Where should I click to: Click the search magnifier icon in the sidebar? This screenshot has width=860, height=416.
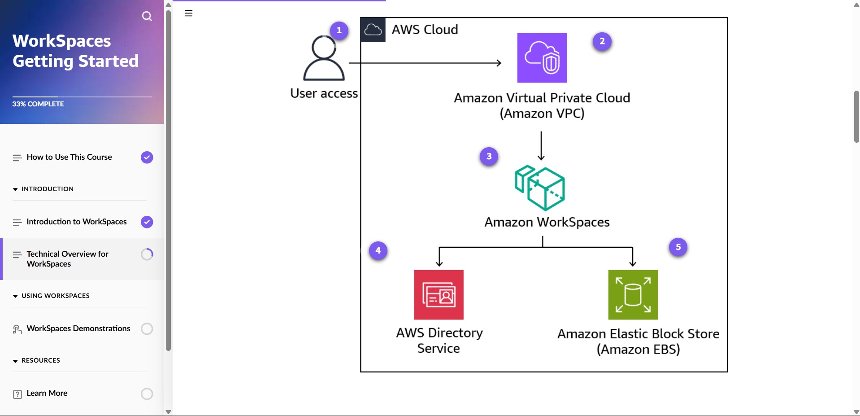click(147, 17)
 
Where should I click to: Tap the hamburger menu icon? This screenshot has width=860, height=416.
click(189, 13)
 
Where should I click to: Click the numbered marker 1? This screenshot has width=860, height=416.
click(339, 31)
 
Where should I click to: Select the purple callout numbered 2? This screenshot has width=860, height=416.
click(602, 41)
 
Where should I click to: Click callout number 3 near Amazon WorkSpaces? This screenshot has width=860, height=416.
click(489, 157)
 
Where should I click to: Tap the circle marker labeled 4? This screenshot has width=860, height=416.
click(378, 251)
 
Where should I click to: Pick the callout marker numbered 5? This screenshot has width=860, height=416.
click(678, 247)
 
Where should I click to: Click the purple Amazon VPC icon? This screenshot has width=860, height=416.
click(542, 58)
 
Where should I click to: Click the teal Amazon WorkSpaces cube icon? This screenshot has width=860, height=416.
click(540, 188)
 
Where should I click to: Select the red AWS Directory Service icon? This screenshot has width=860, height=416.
click(439, 295)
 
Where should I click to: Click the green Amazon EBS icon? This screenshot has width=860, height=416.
click(633, 295)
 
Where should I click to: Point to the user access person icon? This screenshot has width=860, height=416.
click(324, 59)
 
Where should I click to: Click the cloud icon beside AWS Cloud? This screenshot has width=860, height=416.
click(373, 30)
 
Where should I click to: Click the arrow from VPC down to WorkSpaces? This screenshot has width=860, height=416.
click(541, 146)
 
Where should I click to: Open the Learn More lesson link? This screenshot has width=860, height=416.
click(47, 393)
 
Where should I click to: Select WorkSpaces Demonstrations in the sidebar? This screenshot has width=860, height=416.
click(78, 328)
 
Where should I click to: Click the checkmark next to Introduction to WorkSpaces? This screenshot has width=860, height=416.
click(147, 222)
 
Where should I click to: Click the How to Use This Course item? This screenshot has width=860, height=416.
click(69, 157)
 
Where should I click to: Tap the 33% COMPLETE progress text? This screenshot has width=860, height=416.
click(38, 104)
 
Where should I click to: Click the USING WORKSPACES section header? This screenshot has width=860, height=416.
click(55, 296)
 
